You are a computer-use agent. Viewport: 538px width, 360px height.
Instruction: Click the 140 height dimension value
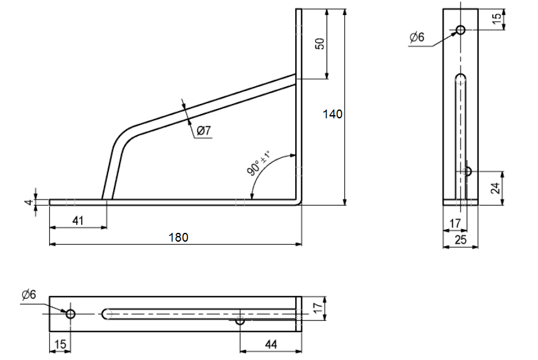tap(332, 115)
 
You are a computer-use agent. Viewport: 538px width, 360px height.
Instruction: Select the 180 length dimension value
tap(179, 237)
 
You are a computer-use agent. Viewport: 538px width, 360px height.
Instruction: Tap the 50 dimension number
tap(320, 44)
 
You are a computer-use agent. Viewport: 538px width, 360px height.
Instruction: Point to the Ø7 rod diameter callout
tap(204, 130)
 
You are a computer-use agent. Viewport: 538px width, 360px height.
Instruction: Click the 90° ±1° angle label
tap(258, 164)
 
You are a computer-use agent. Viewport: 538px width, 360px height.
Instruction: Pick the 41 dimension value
tap(78, 221)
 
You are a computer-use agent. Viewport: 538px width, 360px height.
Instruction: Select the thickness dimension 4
tap(29, 203)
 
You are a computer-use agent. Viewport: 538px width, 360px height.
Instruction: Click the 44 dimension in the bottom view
tap(271, 344)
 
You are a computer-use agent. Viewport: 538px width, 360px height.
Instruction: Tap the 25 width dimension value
tap(461, 240)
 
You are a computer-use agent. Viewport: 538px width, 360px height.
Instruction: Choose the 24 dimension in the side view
tap(495, 188)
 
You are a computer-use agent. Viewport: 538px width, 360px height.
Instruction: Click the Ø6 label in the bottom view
tap(29, 295)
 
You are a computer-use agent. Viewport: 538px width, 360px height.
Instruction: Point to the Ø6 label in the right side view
tap(417, 37)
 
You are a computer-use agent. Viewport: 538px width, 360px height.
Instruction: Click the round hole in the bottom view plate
tap(70, 313)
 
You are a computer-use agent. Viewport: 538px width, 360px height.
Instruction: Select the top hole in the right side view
tap(461, 30)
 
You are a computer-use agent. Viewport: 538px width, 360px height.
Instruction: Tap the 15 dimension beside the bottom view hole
tap(60, 344)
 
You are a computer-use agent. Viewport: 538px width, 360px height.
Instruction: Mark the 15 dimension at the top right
tap(497, 19)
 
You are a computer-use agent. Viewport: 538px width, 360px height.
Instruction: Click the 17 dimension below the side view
tap(455, 223)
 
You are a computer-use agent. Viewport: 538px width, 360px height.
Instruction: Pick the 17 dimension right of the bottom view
tap(318, 308)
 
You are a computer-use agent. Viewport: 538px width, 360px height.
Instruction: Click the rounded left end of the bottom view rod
tap(104, 314)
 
